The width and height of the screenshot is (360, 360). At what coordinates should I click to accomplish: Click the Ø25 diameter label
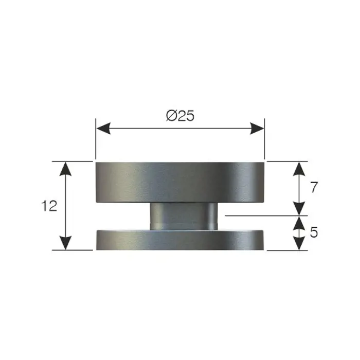[x=180, y=116]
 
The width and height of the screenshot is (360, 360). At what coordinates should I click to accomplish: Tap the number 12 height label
[x=49, y=206]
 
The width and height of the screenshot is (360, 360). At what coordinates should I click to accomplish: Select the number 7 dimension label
[x=314, y=187]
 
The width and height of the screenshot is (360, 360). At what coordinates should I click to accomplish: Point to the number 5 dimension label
[x=314, y=232]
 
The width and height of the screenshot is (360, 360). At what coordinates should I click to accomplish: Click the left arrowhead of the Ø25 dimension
[x=103, y=129]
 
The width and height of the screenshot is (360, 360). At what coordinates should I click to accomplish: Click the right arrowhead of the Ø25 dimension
[x=257, y=129]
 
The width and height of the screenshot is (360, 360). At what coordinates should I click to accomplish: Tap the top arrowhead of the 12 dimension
[x=66, y=169]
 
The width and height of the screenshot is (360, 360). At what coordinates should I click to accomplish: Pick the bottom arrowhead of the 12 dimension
[x=66, y=243]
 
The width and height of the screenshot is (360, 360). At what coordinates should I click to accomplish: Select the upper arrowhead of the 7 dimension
[x=299, y=169]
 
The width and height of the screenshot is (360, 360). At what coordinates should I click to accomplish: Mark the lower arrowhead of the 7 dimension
[x=299, y=209]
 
